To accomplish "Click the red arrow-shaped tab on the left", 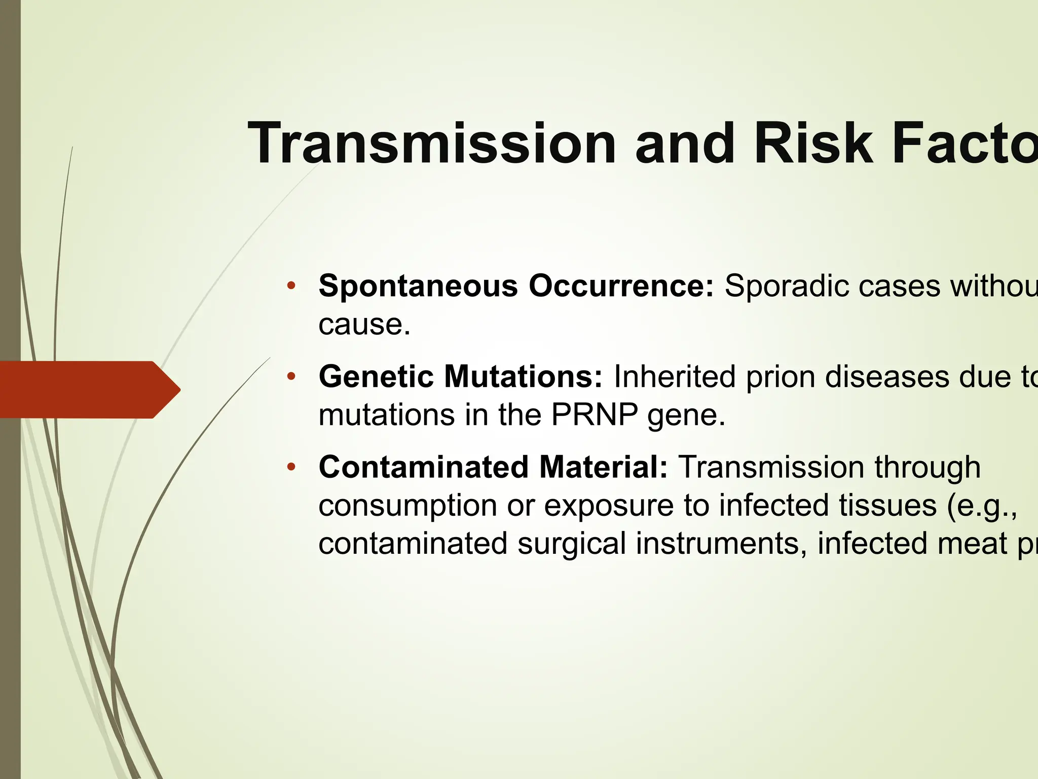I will coord(86,389).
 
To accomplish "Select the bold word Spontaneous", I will coord(418,286).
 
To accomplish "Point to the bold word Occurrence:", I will coord(621,286).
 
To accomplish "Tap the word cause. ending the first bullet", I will coord(364,325).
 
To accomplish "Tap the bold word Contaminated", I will coord(423,467).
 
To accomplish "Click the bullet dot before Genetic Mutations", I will coord(290,376).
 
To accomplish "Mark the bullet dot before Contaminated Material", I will coord(290,467).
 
